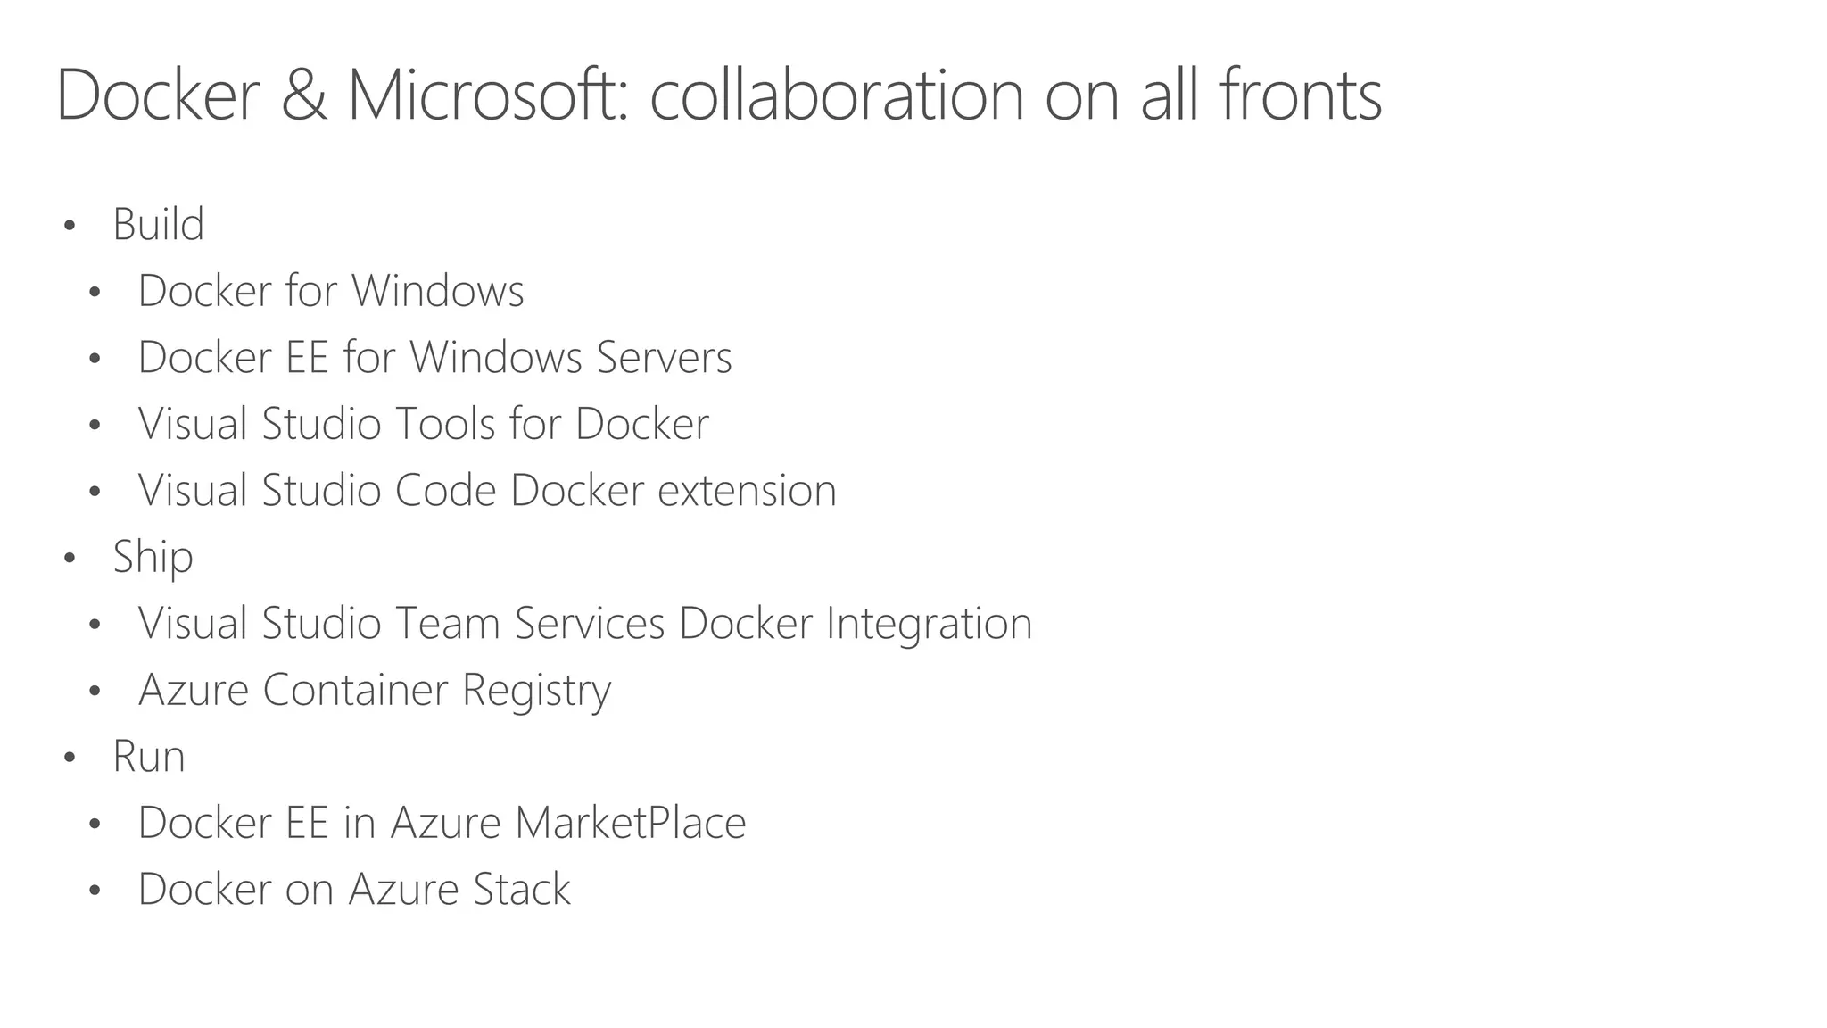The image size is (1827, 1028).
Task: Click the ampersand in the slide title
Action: (303, 95)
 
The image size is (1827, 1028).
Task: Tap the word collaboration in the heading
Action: (836, 95)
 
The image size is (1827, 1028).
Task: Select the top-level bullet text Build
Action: (158, 224)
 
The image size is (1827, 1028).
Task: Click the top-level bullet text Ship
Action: (153, 558)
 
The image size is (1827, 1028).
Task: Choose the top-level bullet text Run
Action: (148, 757)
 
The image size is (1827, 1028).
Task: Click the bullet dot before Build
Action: (70, 226)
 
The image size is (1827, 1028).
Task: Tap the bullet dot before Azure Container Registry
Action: (95, 692)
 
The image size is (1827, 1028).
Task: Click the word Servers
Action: (664, 358)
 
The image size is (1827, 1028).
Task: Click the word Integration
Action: (929, 624)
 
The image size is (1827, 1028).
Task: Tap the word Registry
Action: (536, 691)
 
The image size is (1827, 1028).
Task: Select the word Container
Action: (355, 691)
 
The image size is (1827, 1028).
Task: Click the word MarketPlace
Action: (630, 823)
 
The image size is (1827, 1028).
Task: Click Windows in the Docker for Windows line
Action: (437, 291)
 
